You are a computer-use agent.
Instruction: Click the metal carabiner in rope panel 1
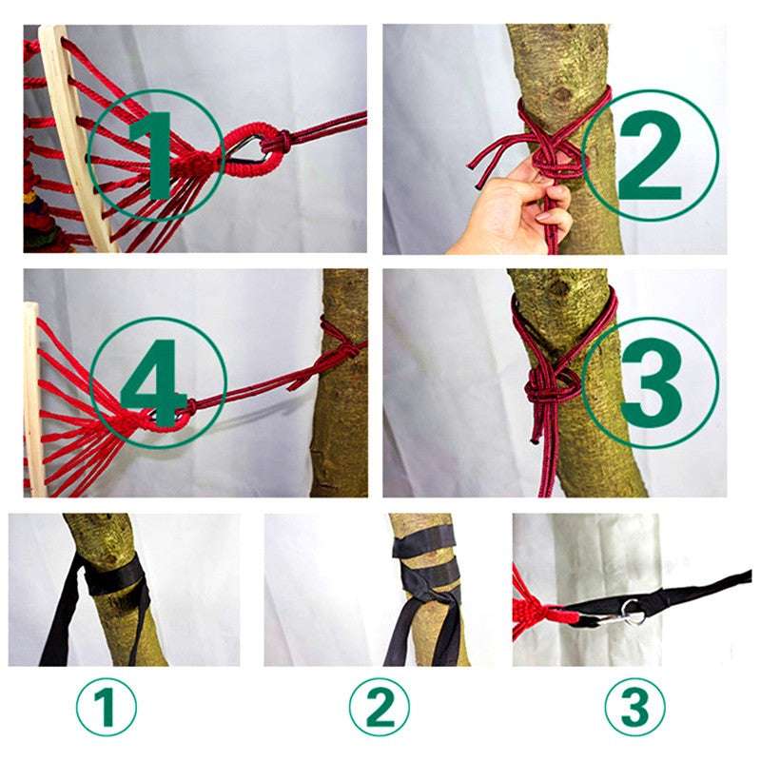(x=249, y=147)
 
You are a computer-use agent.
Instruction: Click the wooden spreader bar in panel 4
(x=33, y=400)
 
